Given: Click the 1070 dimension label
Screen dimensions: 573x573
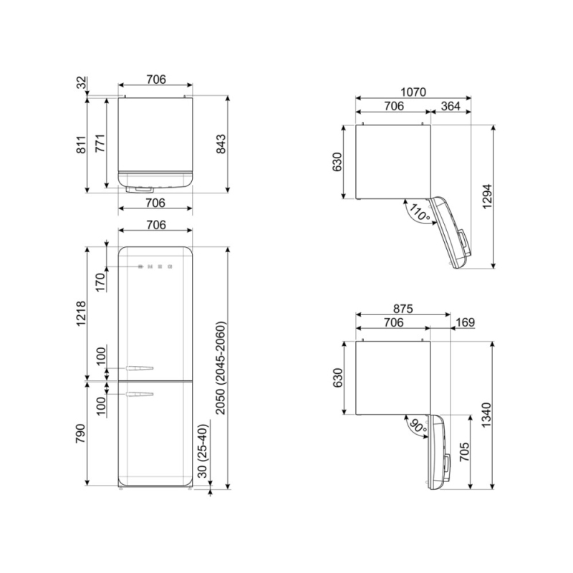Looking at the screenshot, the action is tap(413, 92).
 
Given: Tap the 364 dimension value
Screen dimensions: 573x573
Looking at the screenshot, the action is tap(451, 106).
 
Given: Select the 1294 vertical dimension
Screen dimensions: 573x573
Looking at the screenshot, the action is tap(488, 196).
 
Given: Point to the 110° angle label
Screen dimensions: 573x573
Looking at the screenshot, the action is tap(419, 212).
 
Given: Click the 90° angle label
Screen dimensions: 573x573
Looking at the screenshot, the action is tap(418, 428).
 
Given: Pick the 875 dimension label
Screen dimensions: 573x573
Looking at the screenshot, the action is tap(403, 309).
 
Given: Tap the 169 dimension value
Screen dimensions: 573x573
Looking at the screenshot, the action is tap(465, 322).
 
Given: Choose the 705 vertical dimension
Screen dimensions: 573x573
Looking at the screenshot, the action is tap(464, 452).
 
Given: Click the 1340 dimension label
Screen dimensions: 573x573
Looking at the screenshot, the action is tap(486, 415).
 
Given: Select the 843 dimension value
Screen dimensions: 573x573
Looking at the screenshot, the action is tap(221, 144).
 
